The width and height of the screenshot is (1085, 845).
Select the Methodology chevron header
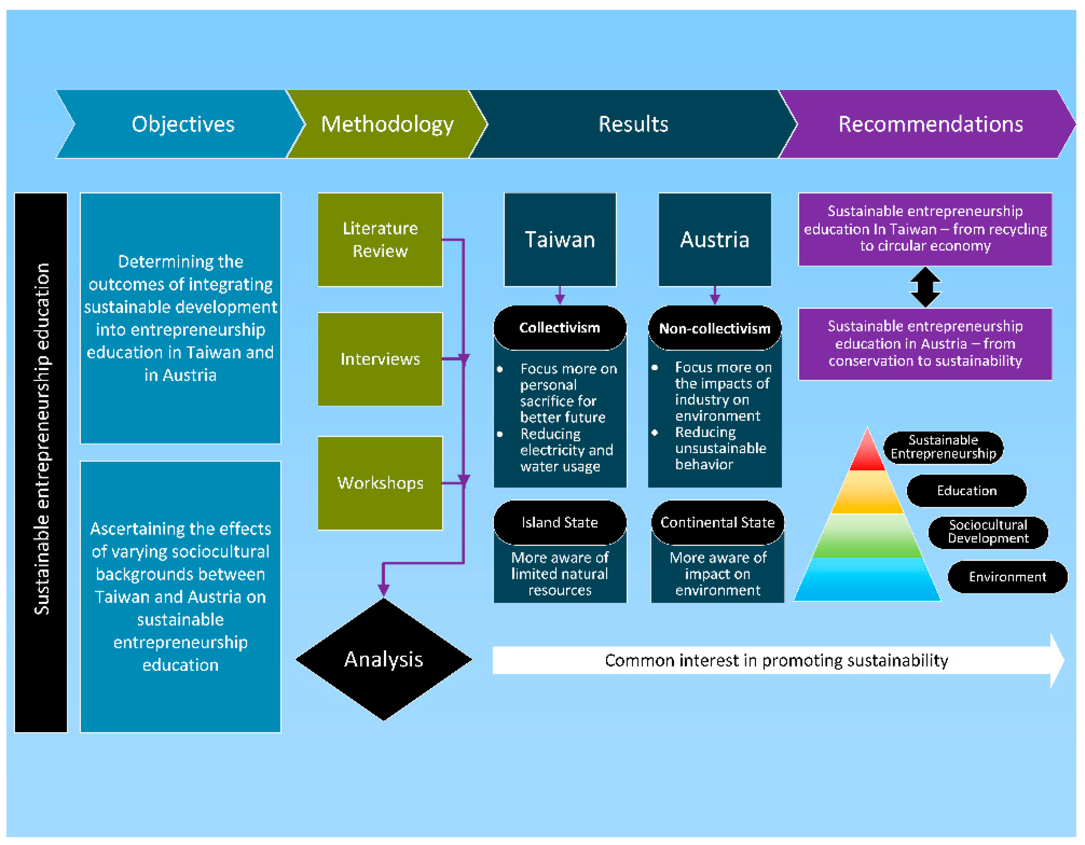coord(387,124)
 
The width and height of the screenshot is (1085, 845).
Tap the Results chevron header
coord(633,124)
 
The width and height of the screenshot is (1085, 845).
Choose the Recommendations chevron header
coord(930,124)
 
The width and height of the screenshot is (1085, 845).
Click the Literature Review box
coord(380,240)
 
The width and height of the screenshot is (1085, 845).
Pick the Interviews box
coord(380,359)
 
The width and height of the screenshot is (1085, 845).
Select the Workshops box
coord(380,483)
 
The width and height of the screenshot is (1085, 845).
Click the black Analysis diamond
coord(384,659)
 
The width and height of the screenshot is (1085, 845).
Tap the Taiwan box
coord(560,240)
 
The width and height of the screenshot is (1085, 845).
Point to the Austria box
coord(715,240)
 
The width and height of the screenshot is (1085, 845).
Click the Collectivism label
coord(560,327)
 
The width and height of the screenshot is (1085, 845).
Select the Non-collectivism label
coord(715,328)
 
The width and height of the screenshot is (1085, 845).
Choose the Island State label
coord(560,522)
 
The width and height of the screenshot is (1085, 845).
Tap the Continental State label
coord(717,522)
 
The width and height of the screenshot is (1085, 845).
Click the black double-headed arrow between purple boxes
coord(925,287)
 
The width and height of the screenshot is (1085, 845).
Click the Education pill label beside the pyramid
coord(966,491)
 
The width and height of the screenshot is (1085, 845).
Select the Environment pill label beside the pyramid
coord(1007,577)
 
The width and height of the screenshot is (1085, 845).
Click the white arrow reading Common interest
coord(775,660)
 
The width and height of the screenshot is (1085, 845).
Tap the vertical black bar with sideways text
coord(41,462)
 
